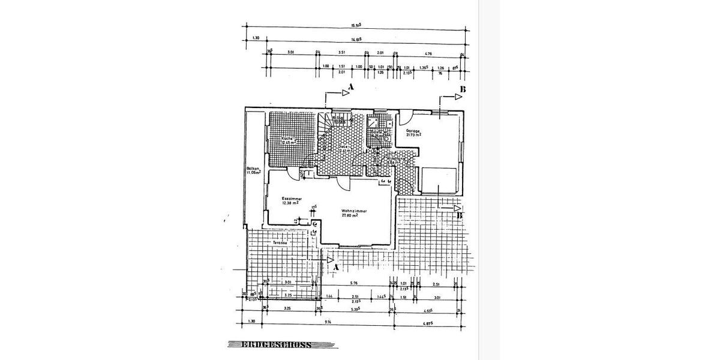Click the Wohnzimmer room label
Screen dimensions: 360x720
click(x=354, y=213)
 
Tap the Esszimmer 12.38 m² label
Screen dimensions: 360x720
click(x=291, y=200)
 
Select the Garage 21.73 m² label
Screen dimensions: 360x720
click(x=413, y=133)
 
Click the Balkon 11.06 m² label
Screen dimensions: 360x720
click(x=253, y=172)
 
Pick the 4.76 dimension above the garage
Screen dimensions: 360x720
click(x=429, y=53)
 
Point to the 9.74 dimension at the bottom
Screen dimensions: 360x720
click(x=328, y=323)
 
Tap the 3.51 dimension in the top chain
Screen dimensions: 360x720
click(x=342, y=53)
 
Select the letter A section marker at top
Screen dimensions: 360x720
click(x=352, y=88)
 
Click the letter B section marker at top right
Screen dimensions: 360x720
click(x=462, y=90)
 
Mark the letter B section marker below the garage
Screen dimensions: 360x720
click(x=460, y=215)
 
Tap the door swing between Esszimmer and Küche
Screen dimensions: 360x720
click(x=295, y=175)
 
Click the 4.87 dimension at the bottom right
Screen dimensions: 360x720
click(x=428, y=323)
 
